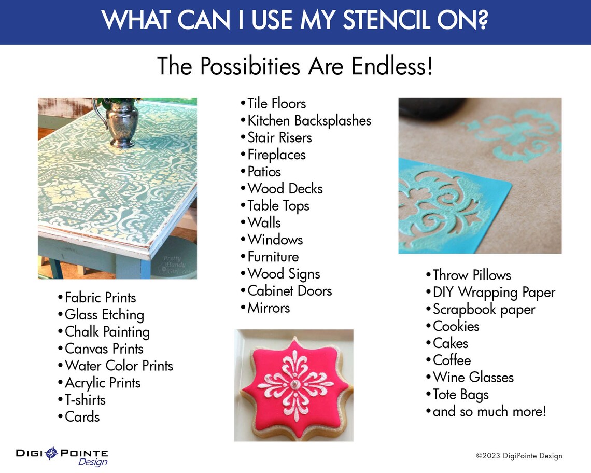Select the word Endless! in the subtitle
[x=392, y=66]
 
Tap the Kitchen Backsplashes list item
[x=309, y=121]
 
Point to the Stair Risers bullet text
[x=279, y=138]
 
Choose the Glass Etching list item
[x=104, y=315]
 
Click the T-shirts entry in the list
[x=85, y=400]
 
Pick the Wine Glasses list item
[x=473, y=378]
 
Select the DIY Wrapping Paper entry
[x=494, y=293]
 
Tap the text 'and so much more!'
[x=489, y=412]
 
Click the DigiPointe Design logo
[x=62, y=456]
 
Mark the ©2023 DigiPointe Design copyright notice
[x=519, y=456]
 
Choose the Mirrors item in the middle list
[x=268, y=308]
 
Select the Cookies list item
[x=456, y=327]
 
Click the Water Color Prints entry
[x=119, y=366]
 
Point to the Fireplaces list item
[x=276, y=155]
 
